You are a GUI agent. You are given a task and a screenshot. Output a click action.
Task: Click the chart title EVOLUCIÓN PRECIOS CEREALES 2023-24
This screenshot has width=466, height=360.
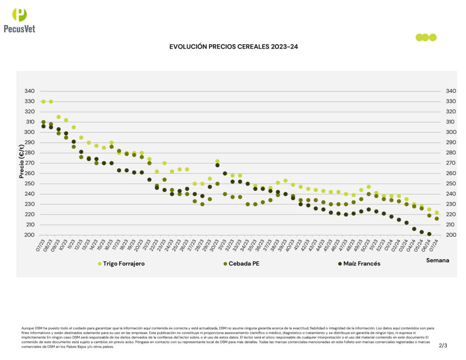pyautogui.click(x=233, y=46)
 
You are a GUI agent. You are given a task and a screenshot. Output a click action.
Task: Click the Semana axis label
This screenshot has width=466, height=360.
pyautogui.click(x=437, y=260)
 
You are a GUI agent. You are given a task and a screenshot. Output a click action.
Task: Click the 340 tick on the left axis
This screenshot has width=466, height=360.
pyautogui.click(x=29, y=91)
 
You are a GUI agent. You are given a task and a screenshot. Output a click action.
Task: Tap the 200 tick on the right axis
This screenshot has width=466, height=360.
pyautogui.click(x=451, y=235)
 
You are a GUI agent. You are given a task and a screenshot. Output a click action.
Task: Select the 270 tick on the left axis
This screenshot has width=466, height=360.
pyautogui.click(x=29, y=163)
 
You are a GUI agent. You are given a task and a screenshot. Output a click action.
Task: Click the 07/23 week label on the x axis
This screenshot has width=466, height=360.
pyautogui.click(x=41, y=244)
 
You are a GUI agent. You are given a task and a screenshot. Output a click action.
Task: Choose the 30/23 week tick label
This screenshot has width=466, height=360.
pyautogui.click(x=214, y=244)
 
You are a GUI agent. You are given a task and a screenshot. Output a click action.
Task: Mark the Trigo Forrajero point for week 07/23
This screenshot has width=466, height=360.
pyautogui.click(x=44, y=101)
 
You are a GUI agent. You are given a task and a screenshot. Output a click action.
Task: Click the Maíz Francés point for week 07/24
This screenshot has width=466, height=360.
pyautogui.click(x=429, y=234)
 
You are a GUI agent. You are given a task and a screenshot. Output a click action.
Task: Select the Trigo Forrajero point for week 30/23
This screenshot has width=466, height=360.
pyautogui.click(x=218, y=162)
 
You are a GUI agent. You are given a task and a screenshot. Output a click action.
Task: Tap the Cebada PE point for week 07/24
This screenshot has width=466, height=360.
pyautogui.click(x=437, y=218)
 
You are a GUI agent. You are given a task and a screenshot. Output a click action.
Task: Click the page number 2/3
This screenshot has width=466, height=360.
pyautogui.click(x=443, y=345)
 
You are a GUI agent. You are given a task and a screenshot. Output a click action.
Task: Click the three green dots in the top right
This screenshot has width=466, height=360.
pyautogui.click(x=426, y=37)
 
